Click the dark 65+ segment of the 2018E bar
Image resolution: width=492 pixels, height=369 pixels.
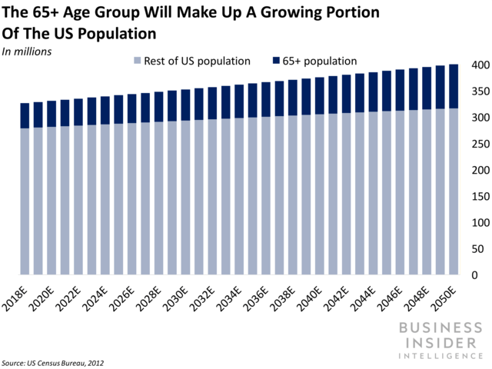coord(25,115)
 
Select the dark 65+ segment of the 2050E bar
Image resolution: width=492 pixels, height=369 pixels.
coord(454,86)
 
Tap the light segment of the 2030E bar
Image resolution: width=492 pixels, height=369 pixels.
coord(185,198)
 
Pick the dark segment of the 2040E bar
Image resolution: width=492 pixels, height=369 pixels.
coord(320,95)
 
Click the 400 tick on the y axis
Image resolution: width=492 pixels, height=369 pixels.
coord(480,65)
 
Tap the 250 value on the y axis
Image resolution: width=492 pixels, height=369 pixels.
coord(480,144)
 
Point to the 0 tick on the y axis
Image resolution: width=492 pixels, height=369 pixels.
coord(474,275)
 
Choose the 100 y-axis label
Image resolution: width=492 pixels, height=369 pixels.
coord(480,223)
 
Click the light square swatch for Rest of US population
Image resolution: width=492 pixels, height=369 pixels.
coord(137,61)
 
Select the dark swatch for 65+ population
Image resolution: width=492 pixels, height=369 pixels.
coord(276,61)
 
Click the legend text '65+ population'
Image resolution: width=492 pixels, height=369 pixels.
coord(320,61)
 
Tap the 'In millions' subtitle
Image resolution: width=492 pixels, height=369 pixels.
coord(27,52)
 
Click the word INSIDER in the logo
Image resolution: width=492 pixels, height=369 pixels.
coord(440,343)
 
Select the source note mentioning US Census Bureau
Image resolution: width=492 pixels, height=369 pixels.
coord(53,363)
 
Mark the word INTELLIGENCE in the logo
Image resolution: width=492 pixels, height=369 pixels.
coord(440,356)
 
